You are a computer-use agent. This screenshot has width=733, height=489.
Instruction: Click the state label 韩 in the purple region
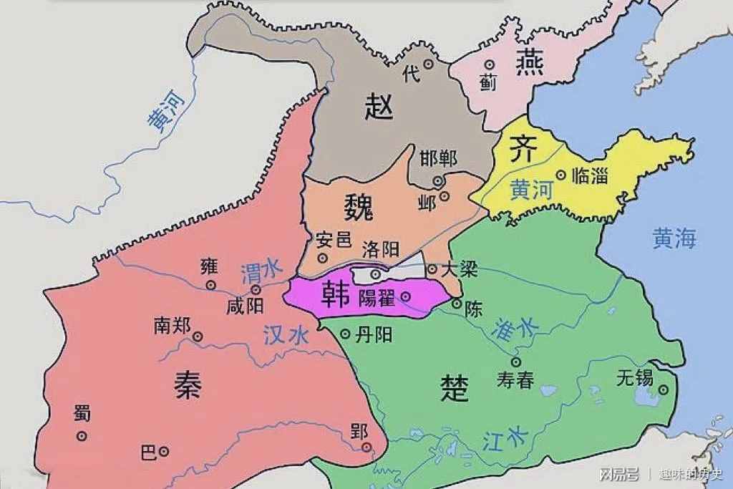(x=334, y=294)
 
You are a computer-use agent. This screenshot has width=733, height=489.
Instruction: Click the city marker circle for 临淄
(x=560, y=174)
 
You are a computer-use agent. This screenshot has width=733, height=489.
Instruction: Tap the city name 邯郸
(x=438, y=158)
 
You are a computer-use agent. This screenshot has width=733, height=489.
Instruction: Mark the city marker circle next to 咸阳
(x=256, y=289)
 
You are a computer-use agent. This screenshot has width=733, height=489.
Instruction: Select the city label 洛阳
(x=380, y=250)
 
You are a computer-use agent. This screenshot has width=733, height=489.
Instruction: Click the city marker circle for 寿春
(x=515, y=362)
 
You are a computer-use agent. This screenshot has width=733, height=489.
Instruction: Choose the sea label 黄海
(x=674, y=238)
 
